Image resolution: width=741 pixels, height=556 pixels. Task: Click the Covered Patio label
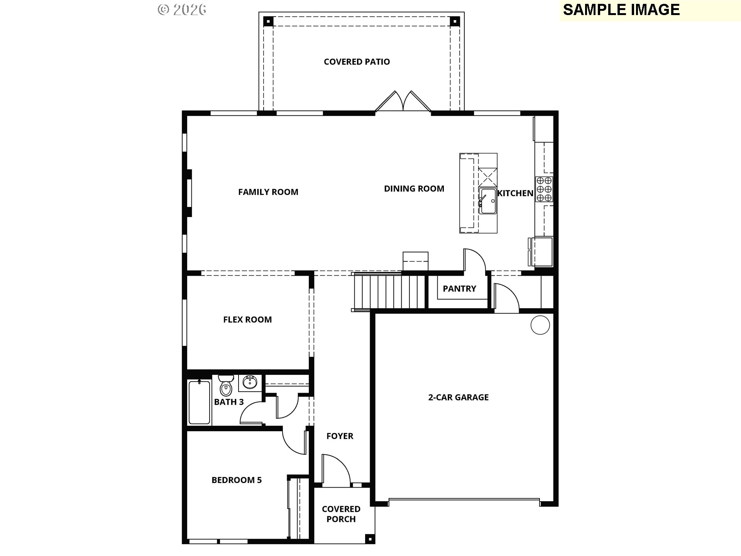pos(357,62)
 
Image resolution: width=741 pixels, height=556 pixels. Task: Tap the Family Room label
pos(268,192)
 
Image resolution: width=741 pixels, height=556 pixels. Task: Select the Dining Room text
pos(414,188)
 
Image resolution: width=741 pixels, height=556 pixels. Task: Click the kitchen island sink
pos(487,201)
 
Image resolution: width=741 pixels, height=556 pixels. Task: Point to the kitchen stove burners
pos(544,189)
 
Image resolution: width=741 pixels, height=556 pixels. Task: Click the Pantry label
pos(459,288)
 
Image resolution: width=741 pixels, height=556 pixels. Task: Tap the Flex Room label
pos(247,319)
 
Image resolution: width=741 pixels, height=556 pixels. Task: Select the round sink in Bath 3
pos(250,383)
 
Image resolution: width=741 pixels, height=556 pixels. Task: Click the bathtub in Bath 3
pos(200,402)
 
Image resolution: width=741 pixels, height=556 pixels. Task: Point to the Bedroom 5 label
pos(237,480)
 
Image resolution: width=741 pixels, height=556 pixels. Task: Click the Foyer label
pos(340,436)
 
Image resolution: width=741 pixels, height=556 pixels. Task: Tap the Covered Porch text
pos(341,514)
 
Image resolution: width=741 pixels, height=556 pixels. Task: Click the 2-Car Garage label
pos(458,397)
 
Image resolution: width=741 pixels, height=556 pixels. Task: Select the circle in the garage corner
pos(540,325)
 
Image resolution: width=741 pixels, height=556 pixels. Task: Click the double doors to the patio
pos(403,102)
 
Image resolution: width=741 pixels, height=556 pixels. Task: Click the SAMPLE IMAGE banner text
pos(621,10)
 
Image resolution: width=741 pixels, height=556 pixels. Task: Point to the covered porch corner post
pos(370,539)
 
